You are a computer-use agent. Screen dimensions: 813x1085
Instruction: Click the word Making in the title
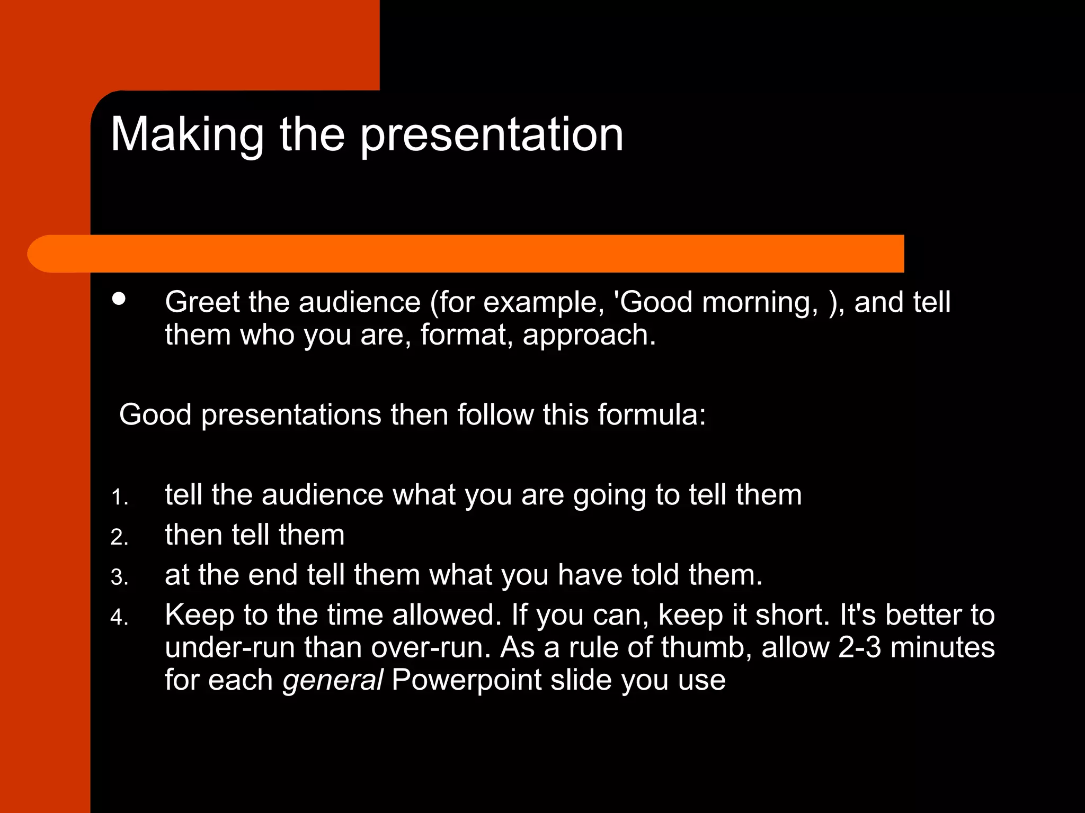187,135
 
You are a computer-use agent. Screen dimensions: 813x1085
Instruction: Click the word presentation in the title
492,135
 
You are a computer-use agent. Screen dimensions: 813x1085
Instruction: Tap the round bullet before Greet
119,299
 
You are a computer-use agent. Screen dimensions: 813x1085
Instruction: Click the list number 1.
118,498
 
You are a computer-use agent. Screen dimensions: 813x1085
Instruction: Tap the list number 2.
119,538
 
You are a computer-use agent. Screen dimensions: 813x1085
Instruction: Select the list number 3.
119,577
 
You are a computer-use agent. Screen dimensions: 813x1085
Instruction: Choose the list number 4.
119,618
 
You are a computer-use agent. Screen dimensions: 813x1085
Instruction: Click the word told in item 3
655,575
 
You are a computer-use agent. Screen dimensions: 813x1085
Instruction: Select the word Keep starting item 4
199,615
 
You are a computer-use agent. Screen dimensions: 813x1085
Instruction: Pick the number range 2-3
859,647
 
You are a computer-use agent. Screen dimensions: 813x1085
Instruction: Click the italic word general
332,681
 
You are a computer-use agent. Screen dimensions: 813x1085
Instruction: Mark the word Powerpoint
466,681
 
